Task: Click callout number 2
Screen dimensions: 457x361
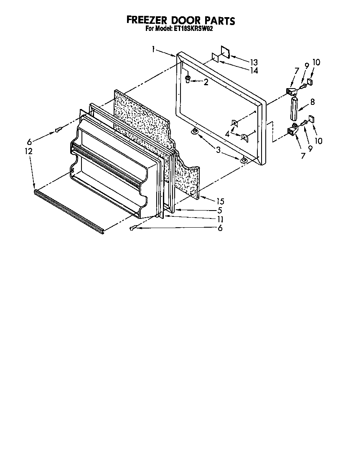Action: click(206, 82)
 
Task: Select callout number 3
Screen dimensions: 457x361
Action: click(219, 150)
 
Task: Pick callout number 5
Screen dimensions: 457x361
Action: click(219, 210)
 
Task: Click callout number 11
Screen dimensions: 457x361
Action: click(219, 219)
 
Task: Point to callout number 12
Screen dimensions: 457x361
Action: click(28, 151)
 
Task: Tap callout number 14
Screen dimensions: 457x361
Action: click(254, 71)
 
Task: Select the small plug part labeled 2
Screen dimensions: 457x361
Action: click(188, 79)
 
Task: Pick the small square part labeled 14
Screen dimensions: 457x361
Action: click(215, 58)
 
